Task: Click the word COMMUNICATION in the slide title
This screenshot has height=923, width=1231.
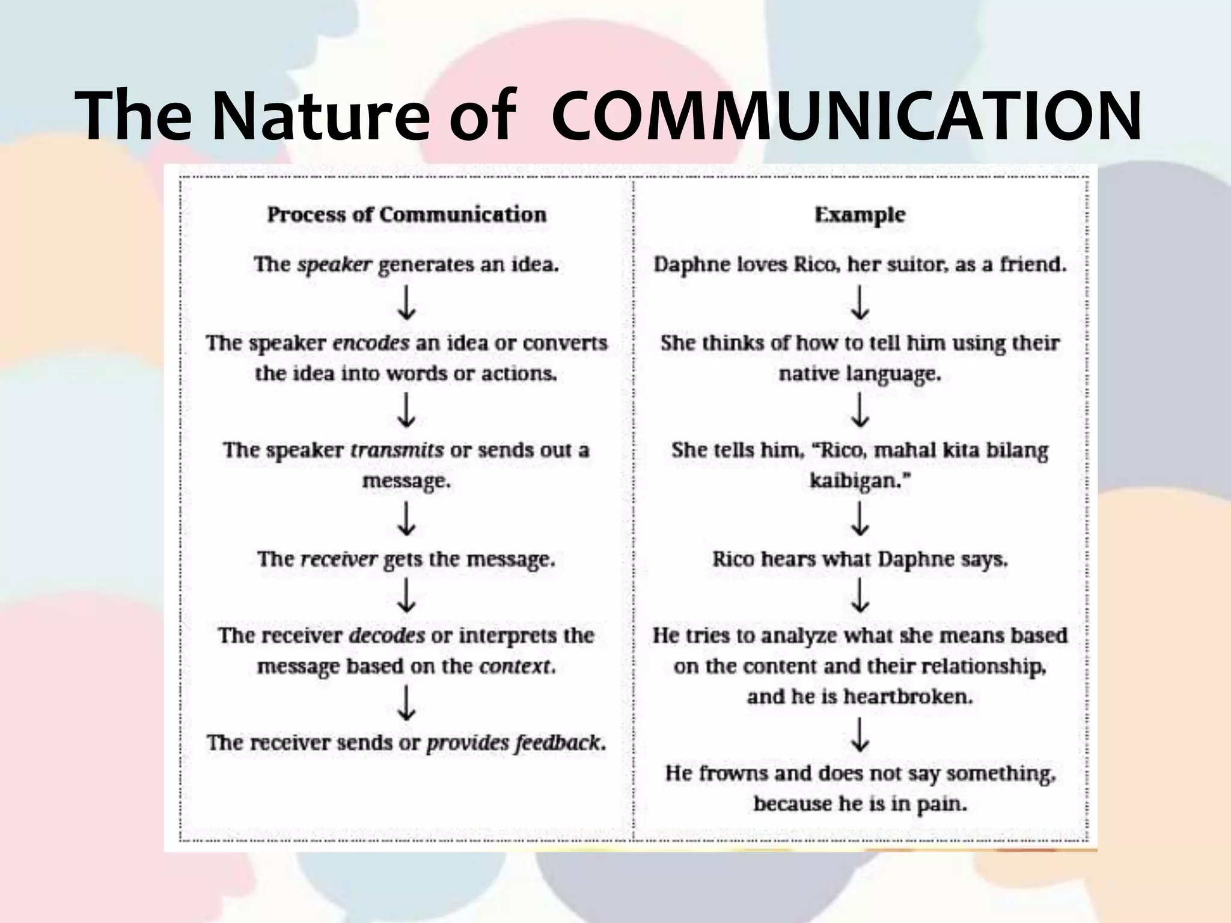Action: pyautogui.click(x=846, y=115)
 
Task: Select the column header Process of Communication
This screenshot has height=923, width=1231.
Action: pyautogui.click(x=407, y=215)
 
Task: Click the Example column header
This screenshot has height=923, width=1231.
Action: pyautogui.click(x=860, y=215)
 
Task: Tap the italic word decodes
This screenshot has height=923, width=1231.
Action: pyautogui.click(x=386, y=635)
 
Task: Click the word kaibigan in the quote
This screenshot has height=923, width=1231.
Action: pyautogui.click(x=854, y=481)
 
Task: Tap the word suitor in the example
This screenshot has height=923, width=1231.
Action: pyautogui.click(x=917, y=264)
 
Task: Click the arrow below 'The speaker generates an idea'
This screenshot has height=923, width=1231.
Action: pyautogui.click(x=407, y=303)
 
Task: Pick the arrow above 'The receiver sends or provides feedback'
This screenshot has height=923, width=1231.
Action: pyautogui.click(x=407, y=704)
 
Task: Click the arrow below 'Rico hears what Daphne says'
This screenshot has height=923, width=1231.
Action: pyautogui.click(x=860, y=596)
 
